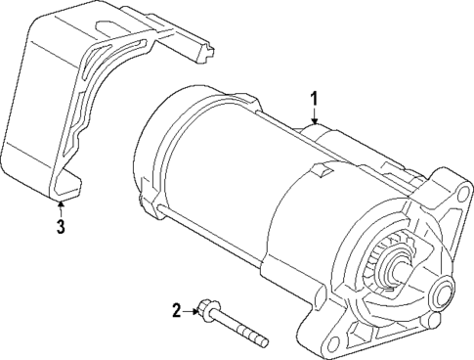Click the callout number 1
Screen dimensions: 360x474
(314, 99)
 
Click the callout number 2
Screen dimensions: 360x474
(177, 311)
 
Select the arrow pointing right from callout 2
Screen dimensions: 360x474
(193, 311)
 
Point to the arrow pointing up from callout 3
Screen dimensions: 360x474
(60, 207)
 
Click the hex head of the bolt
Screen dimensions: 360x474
(206, 312)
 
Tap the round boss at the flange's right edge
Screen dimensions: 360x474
(446, 292)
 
